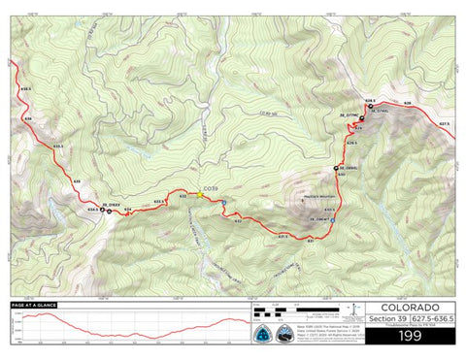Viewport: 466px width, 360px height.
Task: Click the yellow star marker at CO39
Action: click(x=201, y=194)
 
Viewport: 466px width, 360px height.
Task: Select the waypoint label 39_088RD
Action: click(x=349, y=168)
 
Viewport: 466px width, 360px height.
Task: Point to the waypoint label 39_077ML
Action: click(x=349, y=113)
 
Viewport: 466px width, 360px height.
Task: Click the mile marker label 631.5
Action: click(x=283, y=234)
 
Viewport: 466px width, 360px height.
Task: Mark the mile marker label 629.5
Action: click(x=352, y=143)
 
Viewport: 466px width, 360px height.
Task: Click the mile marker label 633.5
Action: click(x=160, y=202)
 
